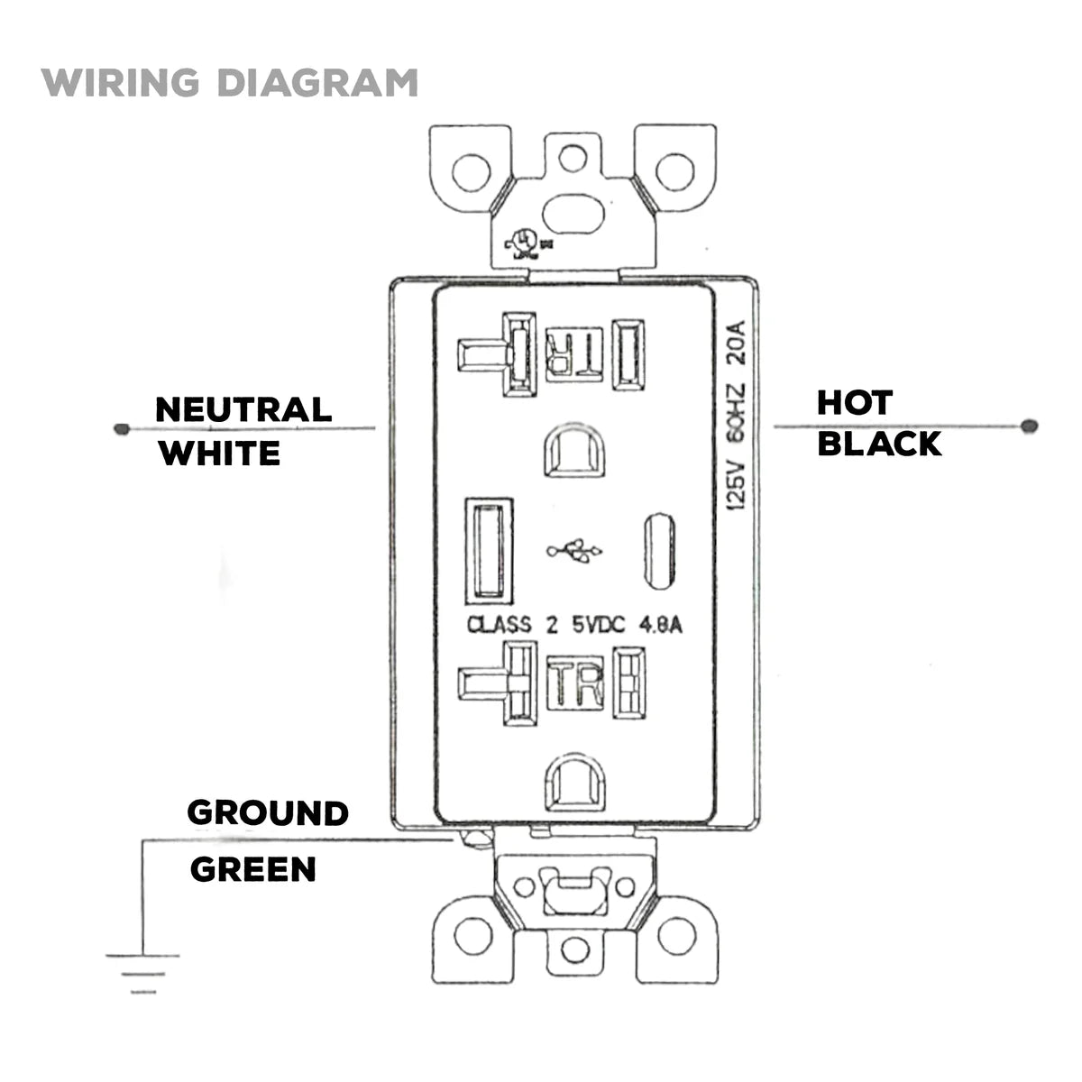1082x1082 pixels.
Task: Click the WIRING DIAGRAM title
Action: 229,82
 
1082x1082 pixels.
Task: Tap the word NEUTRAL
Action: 243,409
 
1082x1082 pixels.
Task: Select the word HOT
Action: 855,403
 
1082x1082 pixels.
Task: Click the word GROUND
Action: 268,812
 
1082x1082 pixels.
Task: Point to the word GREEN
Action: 253,869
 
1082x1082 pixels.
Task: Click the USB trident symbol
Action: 575,551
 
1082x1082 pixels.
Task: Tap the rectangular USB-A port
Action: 488,550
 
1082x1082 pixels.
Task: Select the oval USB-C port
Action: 658,550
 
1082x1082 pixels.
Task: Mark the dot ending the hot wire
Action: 1031,426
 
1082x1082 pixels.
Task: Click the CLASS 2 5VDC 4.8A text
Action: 574,624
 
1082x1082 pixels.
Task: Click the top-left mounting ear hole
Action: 471,172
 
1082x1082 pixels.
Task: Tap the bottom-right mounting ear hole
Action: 675,939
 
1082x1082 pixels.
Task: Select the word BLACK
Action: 879,444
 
